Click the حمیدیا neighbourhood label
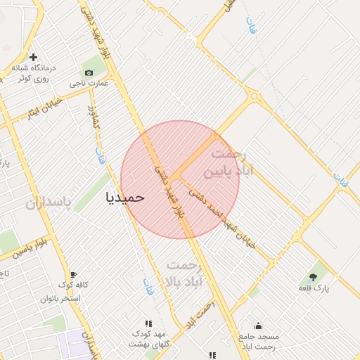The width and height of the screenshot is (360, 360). click(124, 197)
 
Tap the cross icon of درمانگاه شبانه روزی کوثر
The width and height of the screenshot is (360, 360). click(33, 57)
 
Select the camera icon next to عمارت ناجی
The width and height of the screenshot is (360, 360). click(89, 72)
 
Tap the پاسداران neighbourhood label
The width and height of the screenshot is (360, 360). click(49, 203)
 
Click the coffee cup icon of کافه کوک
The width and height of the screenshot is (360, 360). click(73, 274)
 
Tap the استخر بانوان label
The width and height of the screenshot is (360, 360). click(61, 298)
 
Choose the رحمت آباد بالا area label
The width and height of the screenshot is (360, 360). click(184, 274)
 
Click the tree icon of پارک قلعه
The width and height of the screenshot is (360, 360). click(314, 276)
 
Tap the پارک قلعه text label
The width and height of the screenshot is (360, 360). click(314, 288)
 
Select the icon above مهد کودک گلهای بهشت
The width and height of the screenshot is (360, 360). click(148, 323)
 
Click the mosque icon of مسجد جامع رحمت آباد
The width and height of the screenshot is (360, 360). click(258, 326)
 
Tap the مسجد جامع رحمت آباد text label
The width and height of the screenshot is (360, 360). click(258, 341)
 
